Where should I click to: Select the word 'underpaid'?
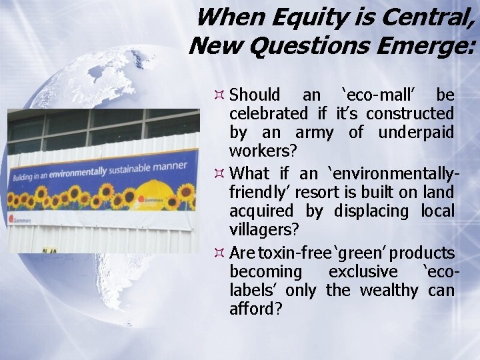click(x=416, y=133)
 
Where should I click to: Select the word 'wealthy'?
click(x=389, y=291)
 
